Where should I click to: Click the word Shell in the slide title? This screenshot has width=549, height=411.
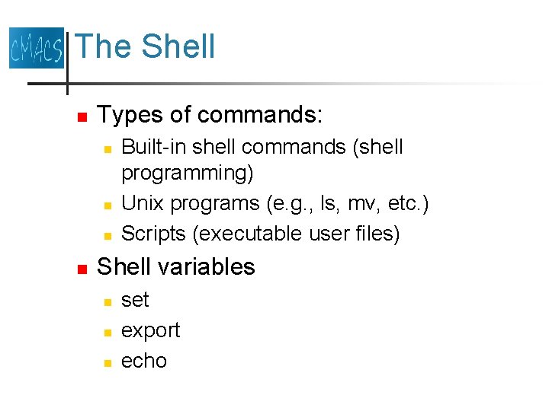click(178, 46)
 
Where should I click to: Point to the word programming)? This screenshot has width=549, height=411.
click(188, 173)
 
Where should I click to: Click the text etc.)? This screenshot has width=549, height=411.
click(401, 203)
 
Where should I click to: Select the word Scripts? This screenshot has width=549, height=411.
click(155, 234)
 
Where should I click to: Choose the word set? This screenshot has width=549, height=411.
click(135, 300)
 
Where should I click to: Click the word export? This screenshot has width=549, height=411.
click(151, 331)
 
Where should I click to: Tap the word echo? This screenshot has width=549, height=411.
click(144, 361)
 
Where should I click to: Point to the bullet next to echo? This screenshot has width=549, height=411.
click(108, 362)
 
